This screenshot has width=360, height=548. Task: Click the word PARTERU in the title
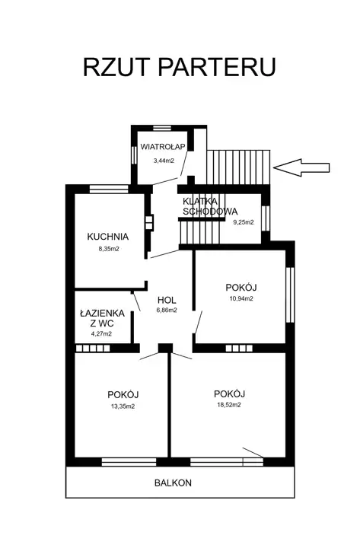[x=218, y=67]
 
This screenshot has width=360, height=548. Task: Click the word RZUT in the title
[x=116, y=67]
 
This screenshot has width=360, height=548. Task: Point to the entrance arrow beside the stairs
[x=301, y=167]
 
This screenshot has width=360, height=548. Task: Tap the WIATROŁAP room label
[x=163, y=147]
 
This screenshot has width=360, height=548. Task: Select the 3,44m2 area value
[x=164, y=161]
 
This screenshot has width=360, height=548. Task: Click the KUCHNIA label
[x=107, y=237]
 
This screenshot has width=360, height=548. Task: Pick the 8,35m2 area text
[x=109, y=249]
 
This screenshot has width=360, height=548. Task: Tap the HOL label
[x=167, y=300]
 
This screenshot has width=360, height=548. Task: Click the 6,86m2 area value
[x=167, y=310]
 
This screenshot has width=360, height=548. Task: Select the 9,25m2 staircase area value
[x=244, y=222]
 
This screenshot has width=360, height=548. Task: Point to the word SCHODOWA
[x=210, y=211]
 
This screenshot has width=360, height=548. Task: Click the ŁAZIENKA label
[x=102, y=313]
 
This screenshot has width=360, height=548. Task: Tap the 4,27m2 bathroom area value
[x=101, y=333]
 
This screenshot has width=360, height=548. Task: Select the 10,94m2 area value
[x=241, y=298]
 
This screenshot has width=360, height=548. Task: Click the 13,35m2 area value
[x=123, y=406]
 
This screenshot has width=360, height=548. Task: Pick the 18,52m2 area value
[x=229, y=405]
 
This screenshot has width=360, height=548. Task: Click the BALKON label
[x=173, y=483]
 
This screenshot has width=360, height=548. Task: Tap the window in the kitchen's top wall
[x=109, y=189]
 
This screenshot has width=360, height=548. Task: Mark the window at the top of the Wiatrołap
[x=162, y=128]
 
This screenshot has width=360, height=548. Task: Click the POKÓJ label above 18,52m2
[x=229, y=393]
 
